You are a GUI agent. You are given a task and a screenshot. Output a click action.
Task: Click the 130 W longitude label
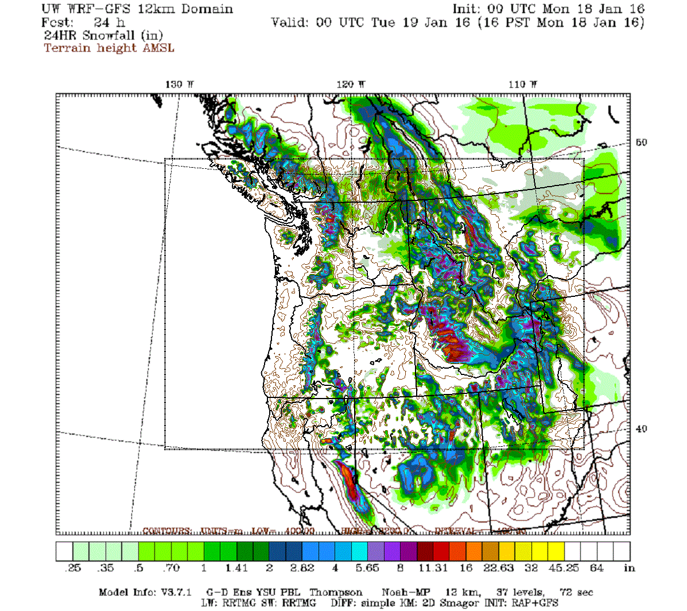point(180,84)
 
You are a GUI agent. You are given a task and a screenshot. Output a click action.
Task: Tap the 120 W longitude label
point(351,84)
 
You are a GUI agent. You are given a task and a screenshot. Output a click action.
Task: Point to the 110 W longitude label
point(523,84)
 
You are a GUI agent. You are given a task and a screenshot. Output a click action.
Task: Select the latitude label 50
point(641,142)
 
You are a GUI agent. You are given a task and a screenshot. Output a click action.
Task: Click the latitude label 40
point(641,429)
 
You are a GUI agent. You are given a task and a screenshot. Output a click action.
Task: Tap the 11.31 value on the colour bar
point(433,568)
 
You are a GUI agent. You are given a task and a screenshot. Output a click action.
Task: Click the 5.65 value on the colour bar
point(367,568)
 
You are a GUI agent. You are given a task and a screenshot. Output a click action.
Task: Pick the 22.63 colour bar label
point(498,568)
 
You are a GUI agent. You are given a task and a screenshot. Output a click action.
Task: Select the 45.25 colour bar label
point(564,568)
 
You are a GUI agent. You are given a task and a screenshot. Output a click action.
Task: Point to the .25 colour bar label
point(73,568)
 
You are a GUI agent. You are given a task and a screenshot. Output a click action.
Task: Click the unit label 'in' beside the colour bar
point(630,568)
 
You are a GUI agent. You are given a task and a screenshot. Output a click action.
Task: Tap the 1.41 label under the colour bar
point(236,568)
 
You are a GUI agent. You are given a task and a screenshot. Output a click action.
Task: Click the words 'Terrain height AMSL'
point(109,48)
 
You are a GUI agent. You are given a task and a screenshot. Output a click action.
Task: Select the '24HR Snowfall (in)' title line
point(103,35)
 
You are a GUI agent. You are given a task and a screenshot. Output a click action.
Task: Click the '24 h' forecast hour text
point(109,22)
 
